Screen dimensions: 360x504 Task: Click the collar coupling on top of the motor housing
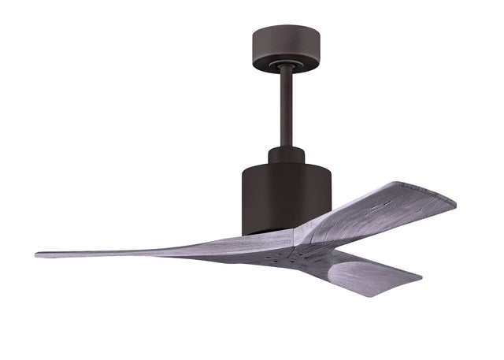(x=286, y=154)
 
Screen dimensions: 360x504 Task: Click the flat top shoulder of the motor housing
(x=315, y=166)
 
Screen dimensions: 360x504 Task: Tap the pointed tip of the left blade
(x=38, y=254)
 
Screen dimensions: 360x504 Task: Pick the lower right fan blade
(x=362, y=272)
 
